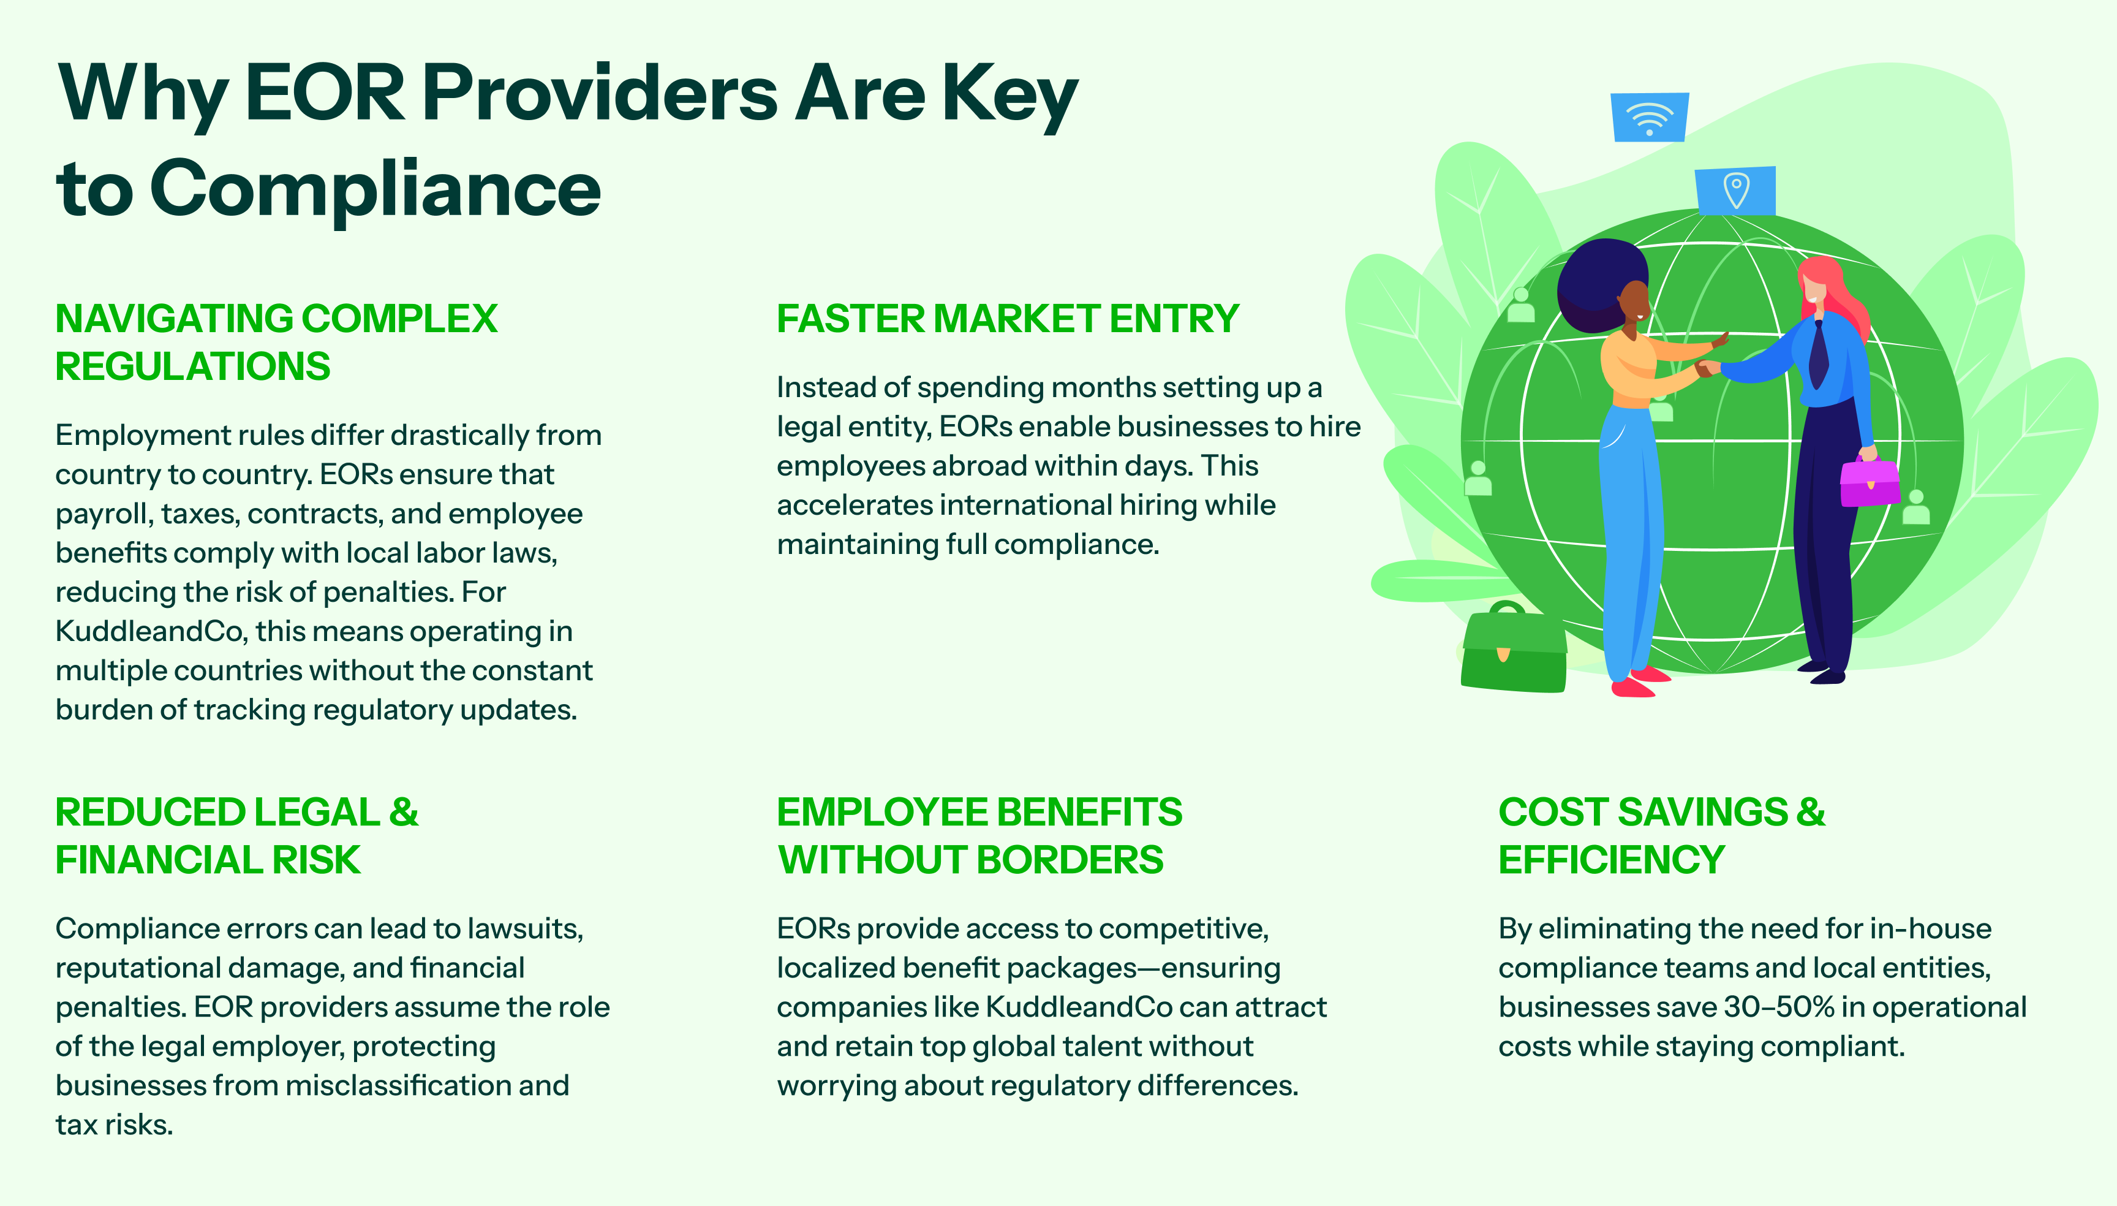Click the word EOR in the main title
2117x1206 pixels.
[x=325, y=94]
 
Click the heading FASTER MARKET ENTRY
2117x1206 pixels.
[x=1008, y=319]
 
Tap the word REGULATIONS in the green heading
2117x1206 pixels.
[x=193, y=366]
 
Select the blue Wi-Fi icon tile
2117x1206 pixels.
[x=1649, y=117]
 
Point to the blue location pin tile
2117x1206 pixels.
[x=1735, y=191]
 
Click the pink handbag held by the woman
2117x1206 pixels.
[x=1870, y=480]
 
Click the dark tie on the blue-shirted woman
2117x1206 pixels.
[x=1818, y=355]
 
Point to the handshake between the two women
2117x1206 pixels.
[x=1707, y=368]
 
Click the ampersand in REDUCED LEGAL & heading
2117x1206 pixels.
[x=403, y=813]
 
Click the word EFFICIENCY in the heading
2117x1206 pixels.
[x=1611, y=860]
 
